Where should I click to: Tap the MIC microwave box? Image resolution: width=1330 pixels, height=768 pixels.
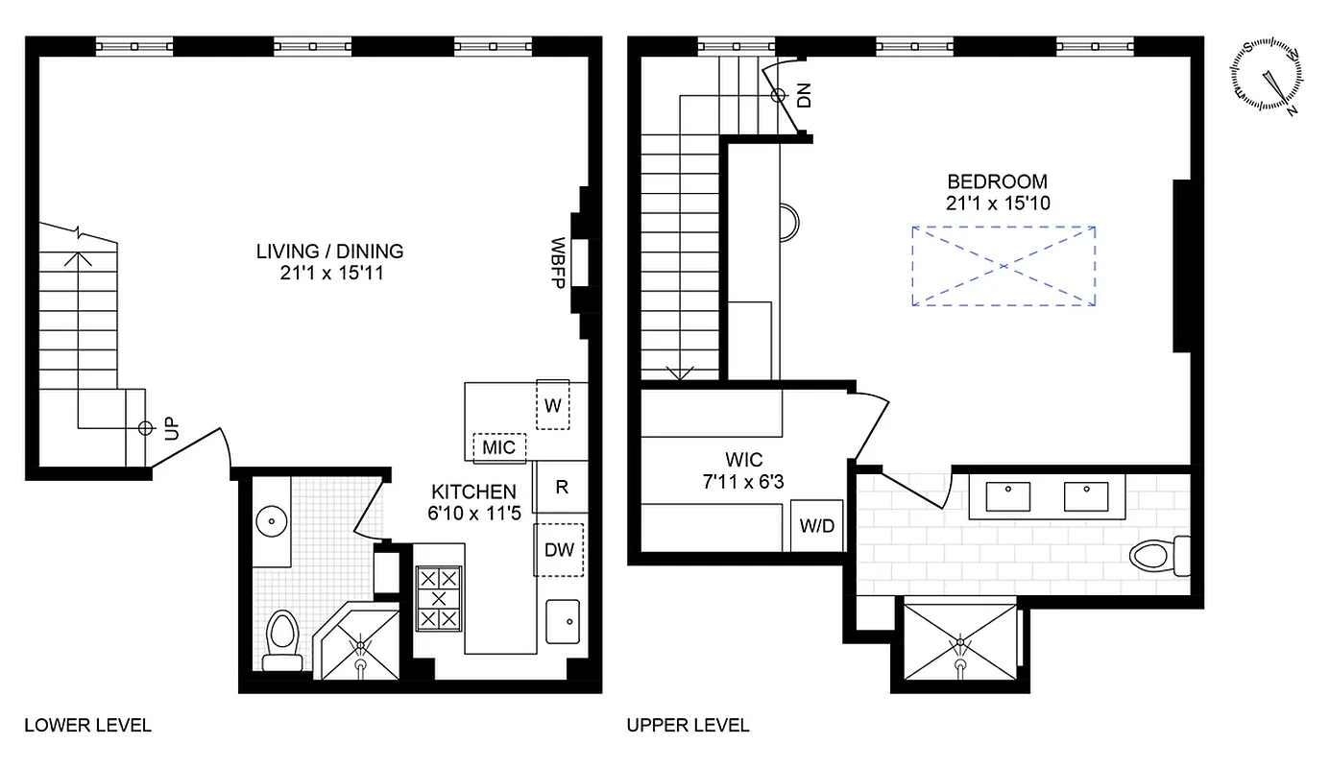pyautogui.click(x=498, y=447)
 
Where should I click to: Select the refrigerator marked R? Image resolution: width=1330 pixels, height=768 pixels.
pyautogui.click(x=562, y=487)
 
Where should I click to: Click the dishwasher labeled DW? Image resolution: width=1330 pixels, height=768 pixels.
pyautogui.click(x=559, y=550)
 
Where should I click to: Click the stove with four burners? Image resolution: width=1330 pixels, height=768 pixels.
pyautogui.click(x=440, y=598)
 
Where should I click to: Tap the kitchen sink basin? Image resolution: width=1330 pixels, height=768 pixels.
pyautogui.click(x=562, y=621)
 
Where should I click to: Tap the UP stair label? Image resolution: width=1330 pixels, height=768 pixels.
pyautogui.click(x=171, y=429)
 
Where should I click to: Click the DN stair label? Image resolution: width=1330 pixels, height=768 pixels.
pyautogui.click(x=804, y=95)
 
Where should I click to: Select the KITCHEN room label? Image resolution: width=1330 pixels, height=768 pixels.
pyautogui.click(x=472, y=492)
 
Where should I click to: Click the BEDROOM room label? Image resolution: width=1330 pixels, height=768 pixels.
pyautogui.click(x=997, y=181)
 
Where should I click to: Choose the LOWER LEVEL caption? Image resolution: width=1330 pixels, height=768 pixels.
pyautogui.click(x=87, y=725)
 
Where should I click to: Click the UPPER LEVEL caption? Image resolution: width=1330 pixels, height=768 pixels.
pyautogui.click(x=688, y=725)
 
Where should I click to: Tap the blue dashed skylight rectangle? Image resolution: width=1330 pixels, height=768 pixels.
pyautogui.click(x=1004, y=266)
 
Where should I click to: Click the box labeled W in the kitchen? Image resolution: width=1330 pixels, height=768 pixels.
pyautogui.click(x=552, y=405)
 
